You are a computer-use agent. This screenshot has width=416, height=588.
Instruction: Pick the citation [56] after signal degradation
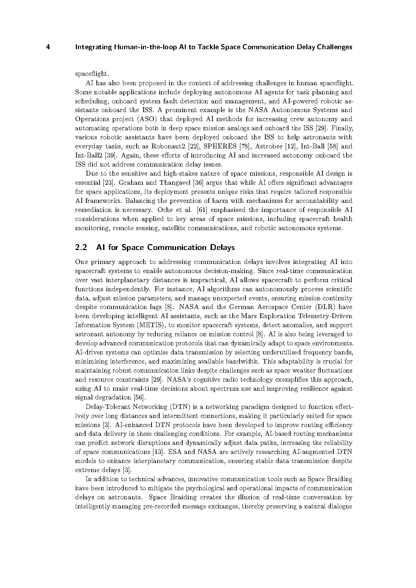point(139,398)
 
